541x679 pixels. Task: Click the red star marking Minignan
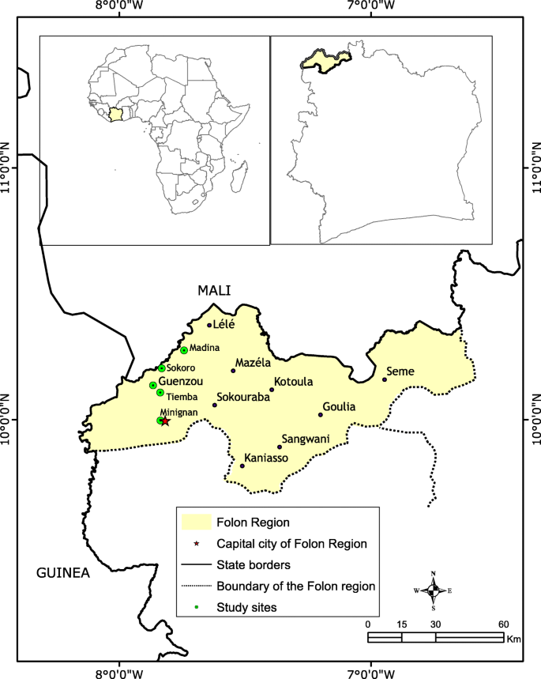pyautogui.click(x=166, y=421)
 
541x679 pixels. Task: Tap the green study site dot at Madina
pyautogui.click(x=184, y=350)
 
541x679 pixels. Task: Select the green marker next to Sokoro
pyautogui.click(x=162, y=368)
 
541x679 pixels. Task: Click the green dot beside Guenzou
pyautogui.click(x=153, y=385)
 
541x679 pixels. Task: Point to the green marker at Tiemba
pyautogui.click(x=160, y=393)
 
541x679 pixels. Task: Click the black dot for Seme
pyautogui.click(x=385, y=379)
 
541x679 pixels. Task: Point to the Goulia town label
pyautogui.click(x=340, y=406)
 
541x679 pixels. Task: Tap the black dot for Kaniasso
pyautogui.click(x=242, y=466)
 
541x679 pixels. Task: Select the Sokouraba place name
pyautogui.click(x=243, y=397)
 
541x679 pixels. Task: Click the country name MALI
pyautogui.click(x=214, y=291)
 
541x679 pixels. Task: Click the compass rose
pyautogui.click(x=433, y=590)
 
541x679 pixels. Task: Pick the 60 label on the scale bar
pyautogui.click(x=503, y=624)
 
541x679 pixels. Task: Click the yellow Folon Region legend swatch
pyautogui.click(x=196, y=522)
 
